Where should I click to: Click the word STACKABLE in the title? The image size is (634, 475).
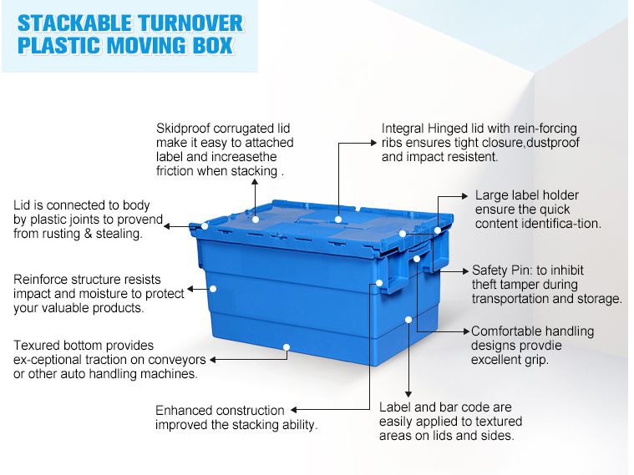pyautogui.click(x=74, y=23)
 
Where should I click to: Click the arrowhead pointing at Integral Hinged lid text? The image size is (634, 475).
pyautogui.click(x=373, y=143)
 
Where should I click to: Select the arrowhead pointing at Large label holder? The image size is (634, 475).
pyautogui.click(x=464, y=196)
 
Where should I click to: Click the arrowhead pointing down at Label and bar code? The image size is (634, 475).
pyautogui.click(x=408, y=394)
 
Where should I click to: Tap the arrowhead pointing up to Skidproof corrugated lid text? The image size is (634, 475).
pyautogui.click(x=255, y=181)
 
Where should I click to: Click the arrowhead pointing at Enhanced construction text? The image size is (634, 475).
pyautogui.click(x=294, y=410)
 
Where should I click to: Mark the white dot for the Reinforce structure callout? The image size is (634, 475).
pyautogui.click(x=213, y=289)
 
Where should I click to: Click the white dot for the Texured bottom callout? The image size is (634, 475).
pyautogui.click(x=287, y=346)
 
